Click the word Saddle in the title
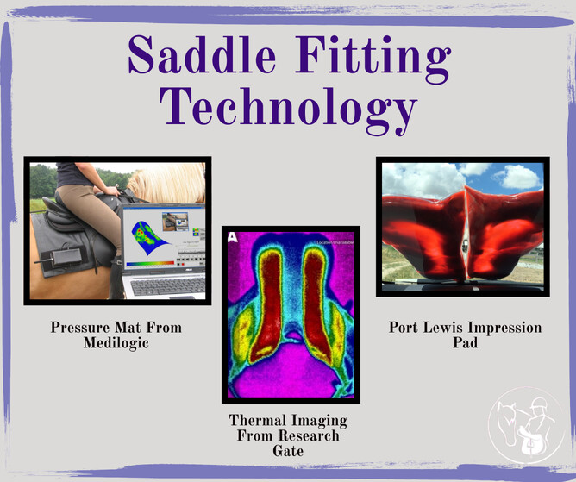coord(202,55)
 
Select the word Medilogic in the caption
coord(116,343)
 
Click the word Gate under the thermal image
coord(288,451)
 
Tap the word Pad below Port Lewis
coord(465,343)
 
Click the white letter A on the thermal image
coord(233,237)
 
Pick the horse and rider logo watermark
coord(526,425)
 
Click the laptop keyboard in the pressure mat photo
coord(166,286)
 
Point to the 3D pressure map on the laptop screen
coord(149,237)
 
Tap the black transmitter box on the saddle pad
coord(66,257)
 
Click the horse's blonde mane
coord(167,182)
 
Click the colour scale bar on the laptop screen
coord(150,263)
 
